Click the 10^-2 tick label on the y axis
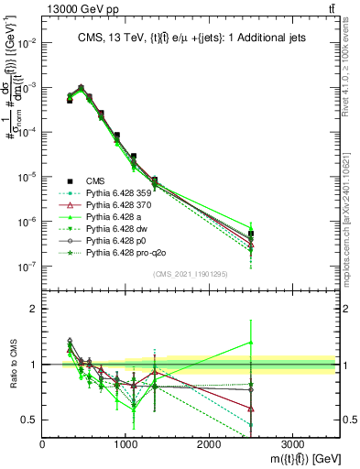pyautogui.click(x=27, y=43)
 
